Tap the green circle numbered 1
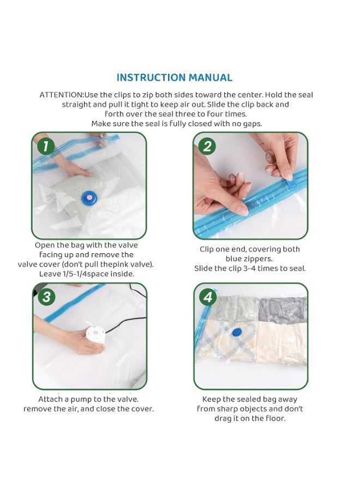pyautogui.click(x=46, y=146)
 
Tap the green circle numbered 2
pyautogui.click(x=207, y=146)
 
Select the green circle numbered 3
pyautogui.click(x=46, y=297)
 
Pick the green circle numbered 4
pyautogui.click(x=208, y=297)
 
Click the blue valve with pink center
pyautogui.click(x=89, y=197)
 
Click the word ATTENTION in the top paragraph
pyautogui.click(x=61, y=95)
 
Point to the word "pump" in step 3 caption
pyautogui.click(x=81, y=399)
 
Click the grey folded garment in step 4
pyautogui.click(x=283, y=310)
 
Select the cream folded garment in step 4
pyautogui.click(x=281, y=344)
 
